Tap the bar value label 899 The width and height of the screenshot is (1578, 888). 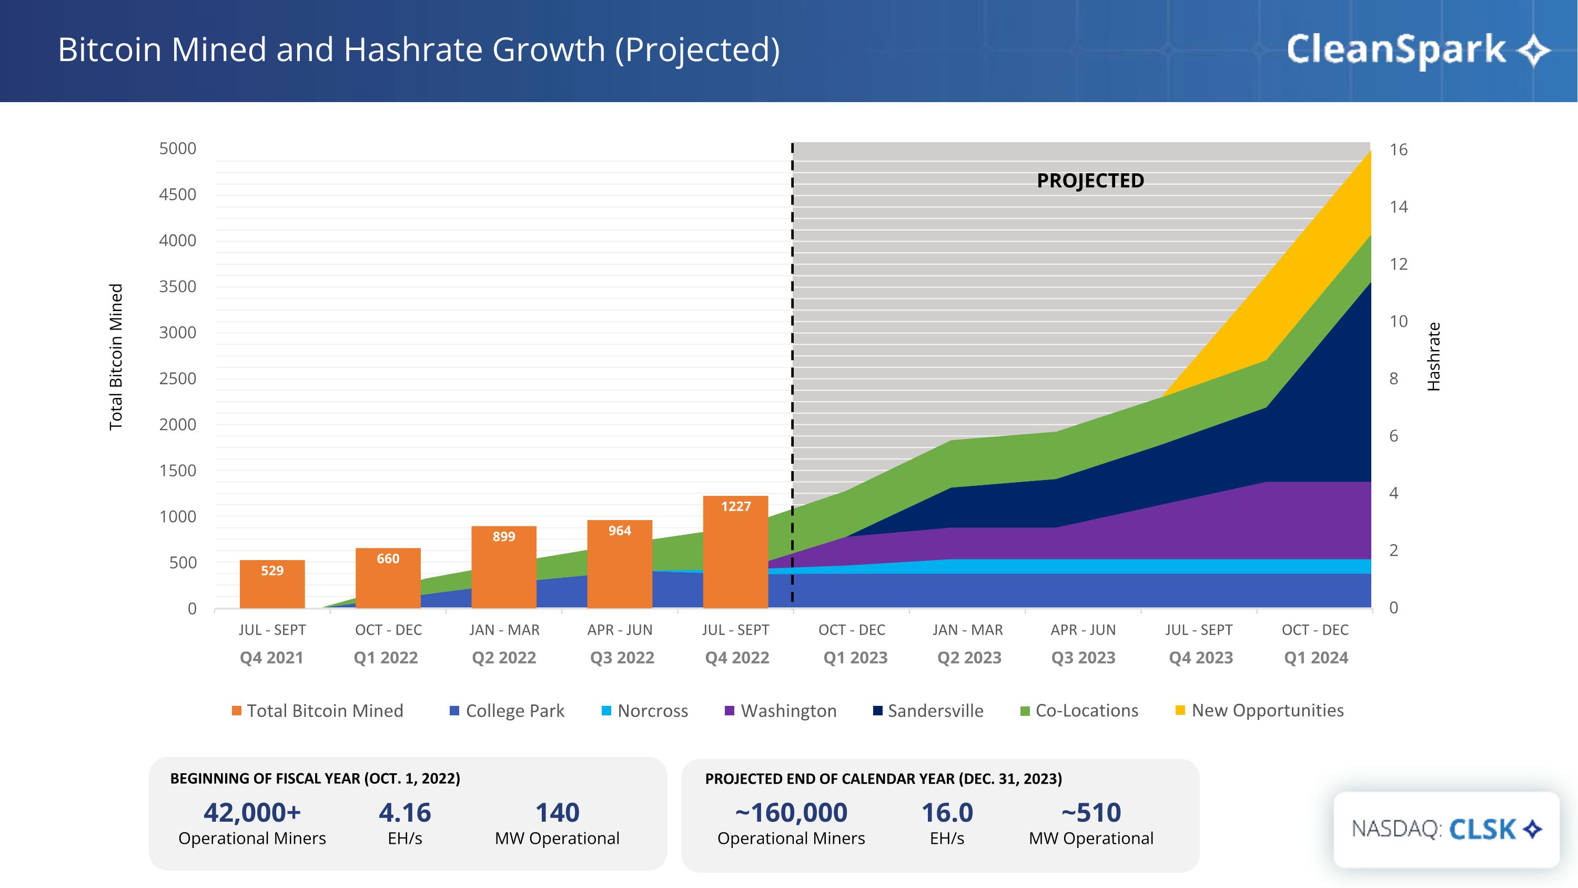point(503,537)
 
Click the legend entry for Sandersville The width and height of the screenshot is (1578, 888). point(935,711)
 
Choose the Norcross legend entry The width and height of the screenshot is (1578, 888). point(652,711)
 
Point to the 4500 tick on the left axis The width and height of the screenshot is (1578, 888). point(178,195)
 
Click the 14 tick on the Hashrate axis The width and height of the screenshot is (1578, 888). point(1399,207)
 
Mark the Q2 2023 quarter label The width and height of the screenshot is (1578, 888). point(969,657)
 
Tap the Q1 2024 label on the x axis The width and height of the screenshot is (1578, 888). point(1316,657)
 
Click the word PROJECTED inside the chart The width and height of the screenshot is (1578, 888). point(1090,181)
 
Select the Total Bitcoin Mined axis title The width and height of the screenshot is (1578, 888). point(116,357)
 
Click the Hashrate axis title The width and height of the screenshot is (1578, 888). point(1433,357)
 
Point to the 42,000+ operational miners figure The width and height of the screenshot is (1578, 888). point(252,813)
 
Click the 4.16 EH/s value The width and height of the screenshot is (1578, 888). point(405,813)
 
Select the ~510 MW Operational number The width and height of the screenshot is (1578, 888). point(1091,813)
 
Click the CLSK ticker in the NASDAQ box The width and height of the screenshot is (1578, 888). point(1482,829)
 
